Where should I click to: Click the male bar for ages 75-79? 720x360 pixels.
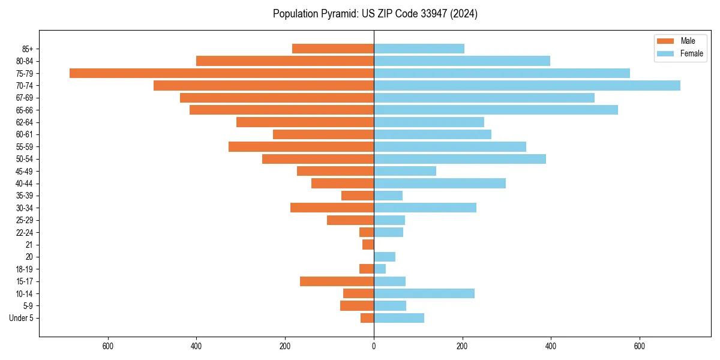[221, 73]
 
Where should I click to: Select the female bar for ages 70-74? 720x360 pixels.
[527, 85]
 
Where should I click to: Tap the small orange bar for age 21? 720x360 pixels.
[368, 245]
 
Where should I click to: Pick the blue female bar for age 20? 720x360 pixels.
[385, 257]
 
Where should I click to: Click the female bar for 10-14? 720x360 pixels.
[424, 293]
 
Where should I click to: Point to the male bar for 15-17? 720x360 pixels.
[337, 281]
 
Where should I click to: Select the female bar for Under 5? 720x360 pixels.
[399, 318]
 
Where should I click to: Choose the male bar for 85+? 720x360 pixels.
[333, 49]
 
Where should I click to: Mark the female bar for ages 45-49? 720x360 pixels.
[405, 171]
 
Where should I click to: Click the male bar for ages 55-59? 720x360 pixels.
[301, 146]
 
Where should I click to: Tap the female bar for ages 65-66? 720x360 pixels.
[496, 110]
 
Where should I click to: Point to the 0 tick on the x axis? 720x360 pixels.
[374, 346]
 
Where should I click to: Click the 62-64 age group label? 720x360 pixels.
[25, 122]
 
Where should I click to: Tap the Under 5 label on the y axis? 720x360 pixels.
[21, 318]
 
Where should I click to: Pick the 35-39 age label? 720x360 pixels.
[25, 196]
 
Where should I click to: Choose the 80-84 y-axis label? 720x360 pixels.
[25, 61]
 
